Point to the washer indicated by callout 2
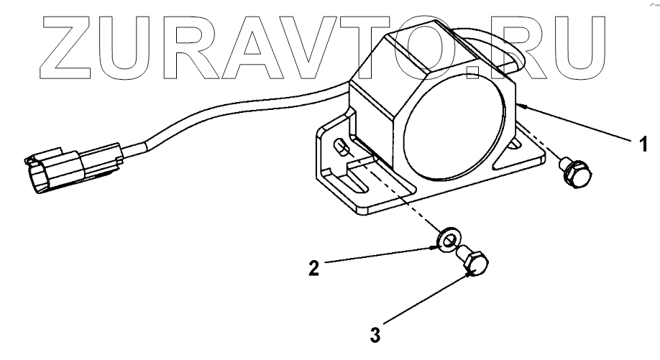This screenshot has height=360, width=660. tap(449, 239)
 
